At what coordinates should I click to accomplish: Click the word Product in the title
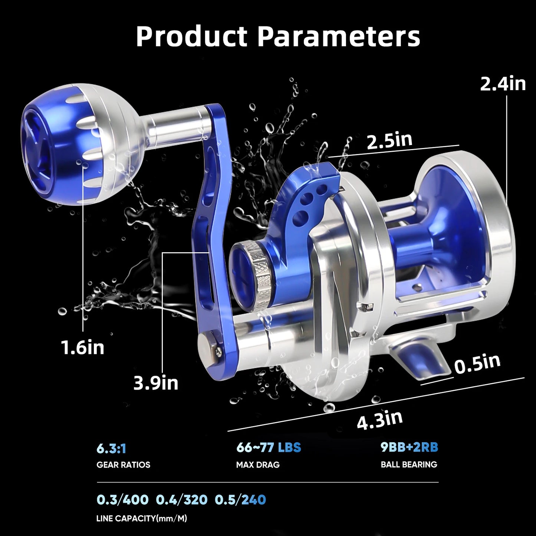pos(192,37)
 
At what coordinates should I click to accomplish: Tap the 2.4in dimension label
pos(503,84)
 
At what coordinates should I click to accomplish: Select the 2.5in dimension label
pos(389,141)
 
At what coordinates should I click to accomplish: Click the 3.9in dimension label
pos(156,383)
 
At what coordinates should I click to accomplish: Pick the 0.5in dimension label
pos(477,364)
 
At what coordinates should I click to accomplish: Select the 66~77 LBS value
pos(269,448)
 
